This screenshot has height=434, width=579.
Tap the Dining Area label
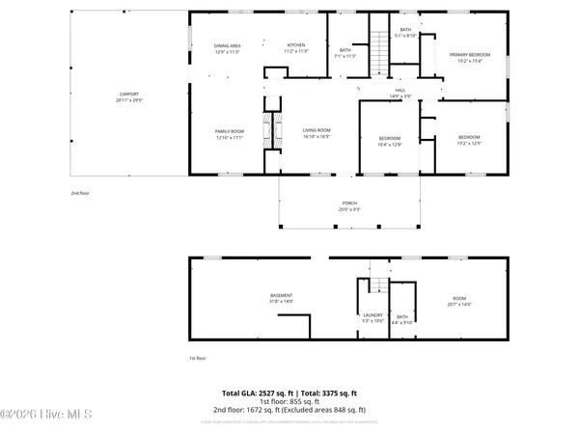[x=227, y=48]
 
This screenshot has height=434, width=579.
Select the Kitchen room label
[x=296, y=48]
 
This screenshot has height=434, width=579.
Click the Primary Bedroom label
[x=470, y=57]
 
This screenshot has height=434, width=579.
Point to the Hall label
[x=400, y=93]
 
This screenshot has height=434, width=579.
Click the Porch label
[x=349, y=206]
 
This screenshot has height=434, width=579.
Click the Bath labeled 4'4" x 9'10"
[x=402, y=319]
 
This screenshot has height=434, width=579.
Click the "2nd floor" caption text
[x=80, y=193]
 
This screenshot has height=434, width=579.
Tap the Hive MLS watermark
[x=46, y=416]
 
